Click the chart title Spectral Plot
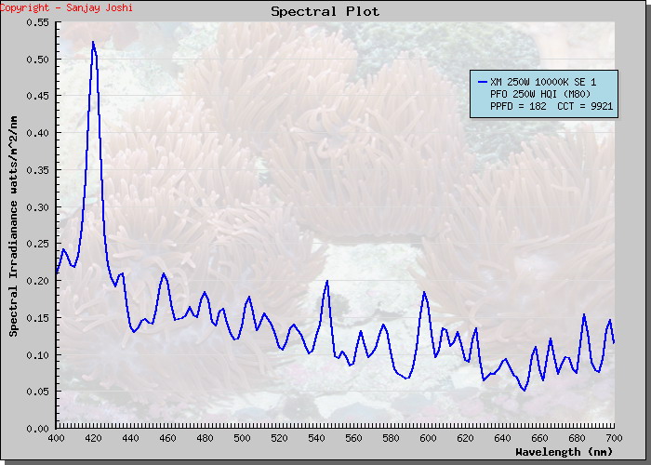pyautogui.click(x=325, y=12)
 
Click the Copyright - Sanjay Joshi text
pyautogui.click(x=67, y=7)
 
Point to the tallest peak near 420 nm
pyautogui.click(x=93, y=42)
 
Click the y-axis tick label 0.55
pyautogui.click(x=37, y=22)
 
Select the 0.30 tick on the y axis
pyautogui.click(x=37, y=206)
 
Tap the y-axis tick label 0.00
pyautogui.click(x=37, y=428)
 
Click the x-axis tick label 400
pyautogui.click(x=56, y=438)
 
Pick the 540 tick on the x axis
pyautogui.click(x=316, y=438)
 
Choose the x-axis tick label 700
pyautogui.click(x=614, y=438)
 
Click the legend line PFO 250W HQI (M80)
pyautogui.click(x=539, y=95)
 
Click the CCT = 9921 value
pyautogui.click(x=585, y=107)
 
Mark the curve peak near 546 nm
pyautogui.click(x=327, y=281)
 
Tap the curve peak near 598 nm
pyautogui.click(x=424, y=292)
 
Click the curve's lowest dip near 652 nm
pyautogui.click(x=525, y=390)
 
